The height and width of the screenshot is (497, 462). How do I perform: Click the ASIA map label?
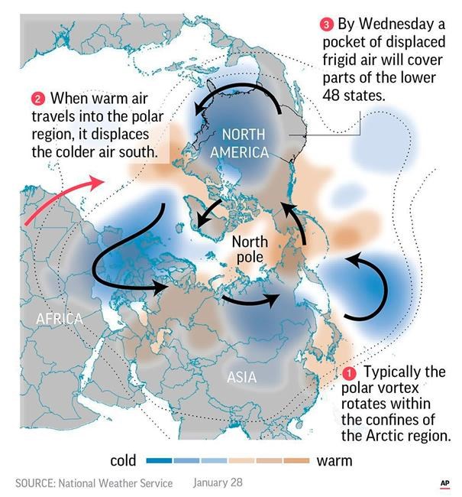[242, 376]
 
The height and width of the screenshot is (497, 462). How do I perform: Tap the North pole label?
[249, 250]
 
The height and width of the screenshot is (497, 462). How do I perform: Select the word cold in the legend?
[123, 460]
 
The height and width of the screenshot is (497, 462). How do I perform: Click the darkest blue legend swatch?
[158, 461]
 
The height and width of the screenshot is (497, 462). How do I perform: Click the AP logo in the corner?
[444, 483]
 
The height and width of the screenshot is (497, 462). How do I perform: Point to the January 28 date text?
[218, 482]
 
